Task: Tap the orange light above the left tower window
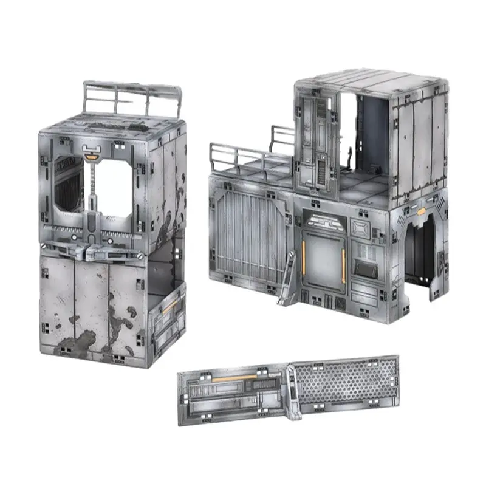click(92, 157)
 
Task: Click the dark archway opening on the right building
click(419, 255)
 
